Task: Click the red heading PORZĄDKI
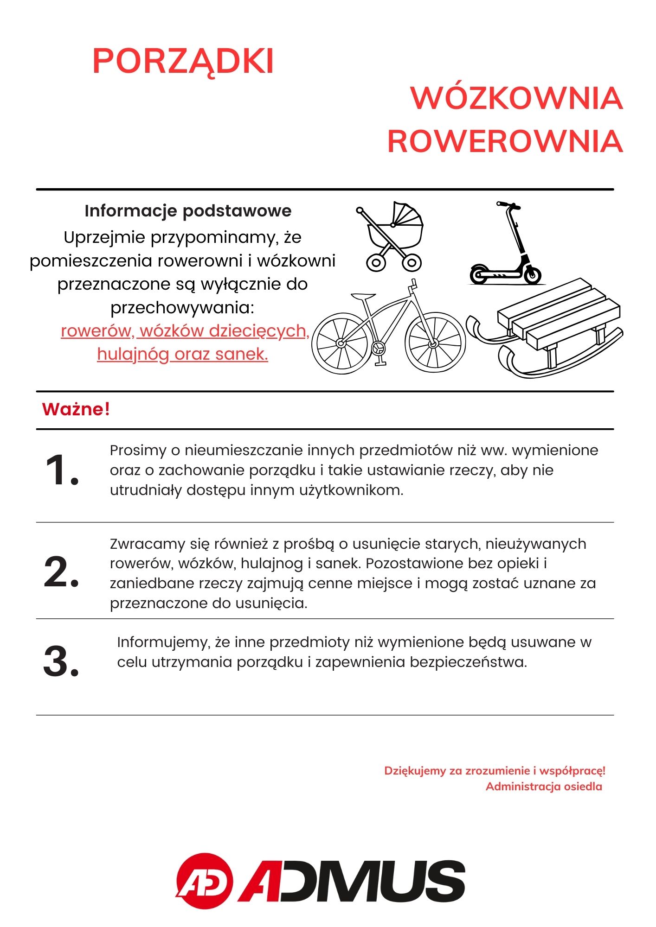click(x=183, y=61)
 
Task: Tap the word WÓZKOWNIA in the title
click(x=516, y=98)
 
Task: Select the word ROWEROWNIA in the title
click(x=505, y=141)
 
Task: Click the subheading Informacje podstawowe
click(x=188, y=211)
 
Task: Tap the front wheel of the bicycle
click(x=435, y=343)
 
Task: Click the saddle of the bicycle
click(x=362, y=296)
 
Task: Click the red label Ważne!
click(x=76, y=410)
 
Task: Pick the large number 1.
click(x=62, y=471)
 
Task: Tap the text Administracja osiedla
click(x=544, y=787)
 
